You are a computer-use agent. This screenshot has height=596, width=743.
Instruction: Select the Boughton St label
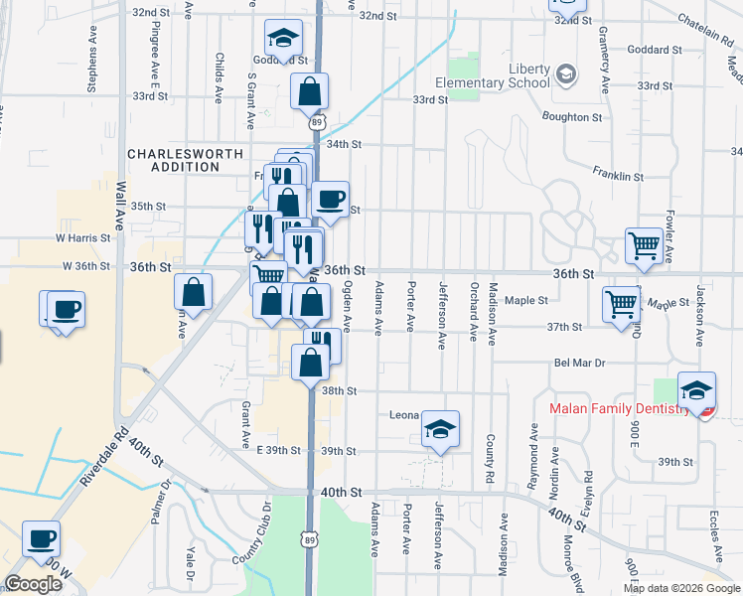pos(572,117)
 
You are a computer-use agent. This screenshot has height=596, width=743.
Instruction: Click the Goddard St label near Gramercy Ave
pos(662,50)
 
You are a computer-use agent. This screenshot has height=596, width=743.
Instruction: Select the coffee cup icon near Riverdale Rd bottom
pos(42,538)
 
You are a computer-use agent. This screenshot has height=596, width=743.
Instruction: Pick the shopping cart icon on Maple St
pos(623,303)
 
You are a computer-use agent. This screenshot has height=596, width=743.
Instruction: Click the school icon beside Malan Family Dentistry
pos(697,389)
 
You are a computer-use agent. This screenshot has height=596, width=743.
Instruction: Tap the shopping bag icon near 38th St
pos(310,363)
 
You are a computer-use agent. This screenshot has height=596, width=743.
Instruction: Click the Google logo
pos(34,583)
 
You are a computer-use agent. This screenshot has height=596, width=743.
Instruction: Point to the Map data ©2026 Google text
pos(681,588)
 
